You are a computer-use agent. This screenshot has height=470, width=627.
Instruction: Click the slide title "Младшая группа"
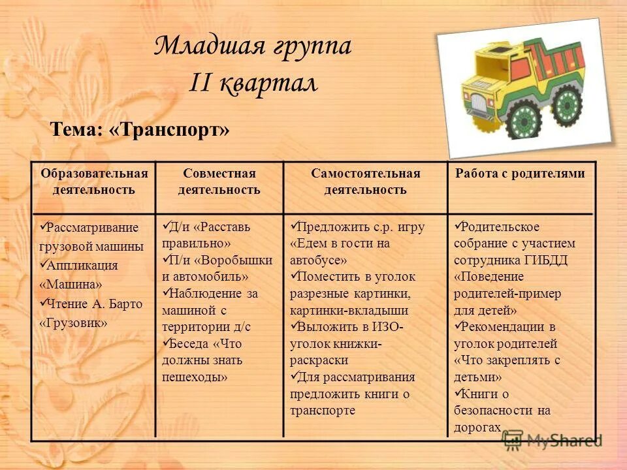click(253, 46)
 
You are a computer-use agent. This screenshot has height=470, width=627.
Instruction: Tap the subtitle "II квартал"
click(253, 84)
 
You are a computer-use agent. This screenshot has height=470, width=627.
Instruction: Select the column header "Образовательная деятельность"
click(94, 181)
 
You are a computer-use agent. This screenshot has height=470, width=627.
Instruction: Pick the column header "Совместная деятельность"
click(219, 181)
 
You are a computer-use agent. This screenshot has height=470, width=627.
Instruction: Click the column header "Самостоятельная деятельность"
click(365, 181)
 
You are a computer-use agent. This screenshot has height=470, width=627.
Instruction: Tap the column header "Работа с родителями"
click(520, 174)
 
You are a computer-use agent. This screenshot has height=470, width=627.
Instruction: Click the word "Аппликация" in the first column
click(83, 266)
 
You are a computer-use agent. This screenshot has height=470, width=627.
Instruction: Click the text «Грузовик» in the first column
click(73, 323)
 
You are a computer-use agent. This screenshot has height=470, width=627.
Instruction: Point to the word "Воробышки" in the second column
click(236, 259)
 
